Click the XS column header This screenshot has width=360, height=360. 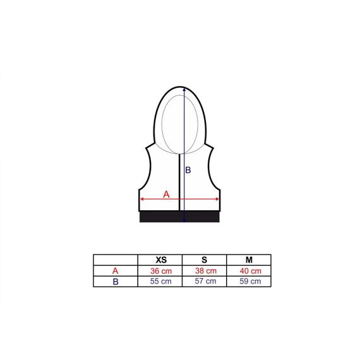[x=161, y=260]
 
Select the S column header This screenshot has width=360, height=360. [x=204, y=260]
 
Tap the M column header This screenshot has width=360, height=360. [x=249, y=260]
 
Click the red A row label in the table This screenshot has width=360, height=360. [x=115, y=271]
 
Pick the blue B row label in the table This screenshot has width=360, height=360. [x=116, y=282]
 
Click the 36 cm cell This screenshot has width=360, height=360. [x=161, y=271]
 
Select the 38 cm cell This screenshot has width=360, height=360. [x=206, y=271]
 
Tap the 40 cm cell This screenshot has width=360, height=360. [x=251, y=271]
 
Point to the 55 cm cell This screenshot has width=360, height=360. [x=160, y=281]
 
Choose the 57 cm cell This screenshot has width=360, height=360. [x=205, y=281]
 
